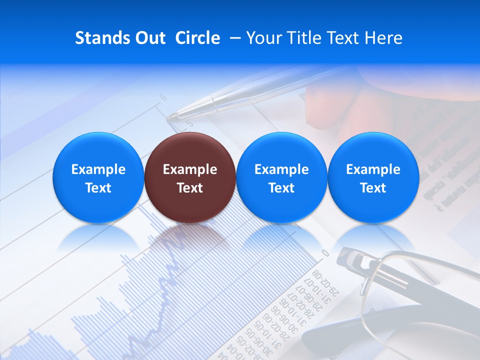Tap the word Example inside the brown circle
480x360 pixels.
tap(189, 169)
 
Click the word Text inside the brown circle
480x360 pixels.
tap(189, 188)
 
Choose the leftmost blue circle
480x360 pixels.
tap(98, 177)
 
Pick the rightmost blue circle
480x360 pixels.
tap(373, 177)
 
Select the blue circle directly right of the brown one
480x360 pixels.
tap(281, 177)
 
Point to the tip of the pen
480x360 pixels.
tap(170, 118)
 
